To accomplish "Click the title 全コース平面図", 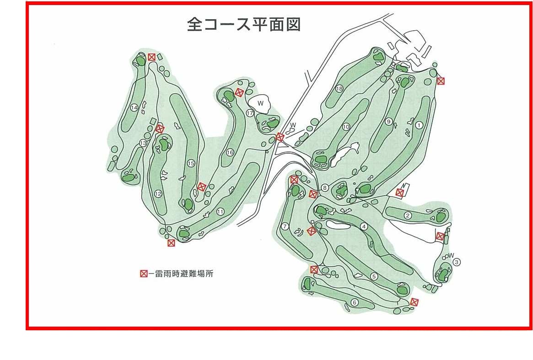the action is point(244,25).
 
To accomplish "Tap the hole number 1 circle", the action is point(419,125).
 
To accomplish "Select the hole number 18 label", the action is point(339,89).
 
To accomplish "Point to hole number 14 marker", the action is point(134,108).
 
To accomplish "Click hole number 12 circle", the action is point(158,194).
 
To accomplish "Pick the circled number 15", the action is point(191,163).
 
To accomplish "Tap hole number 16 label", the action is point(230,153).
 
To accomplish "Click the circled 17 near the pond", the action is point(250,113).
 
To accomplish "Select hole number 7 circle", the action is point(285,226).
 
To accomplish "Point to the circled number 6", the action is point(355,302).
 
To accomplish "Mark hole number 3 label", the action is point(457,262).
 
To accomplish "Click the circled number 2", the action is point(408,215).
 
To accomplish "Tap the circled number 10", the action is point(346,127).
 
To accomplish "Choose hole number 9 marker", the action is point(389,121).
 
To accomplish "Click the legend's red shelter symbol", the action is point(144,274).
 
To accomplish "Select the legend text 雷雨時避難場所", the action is point(184,274).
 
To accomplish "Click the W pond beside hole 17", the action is point(260,103).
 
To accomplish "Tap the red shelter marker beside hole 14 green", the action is point(151,57).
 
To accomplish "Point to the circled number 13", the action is point(143,143).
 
